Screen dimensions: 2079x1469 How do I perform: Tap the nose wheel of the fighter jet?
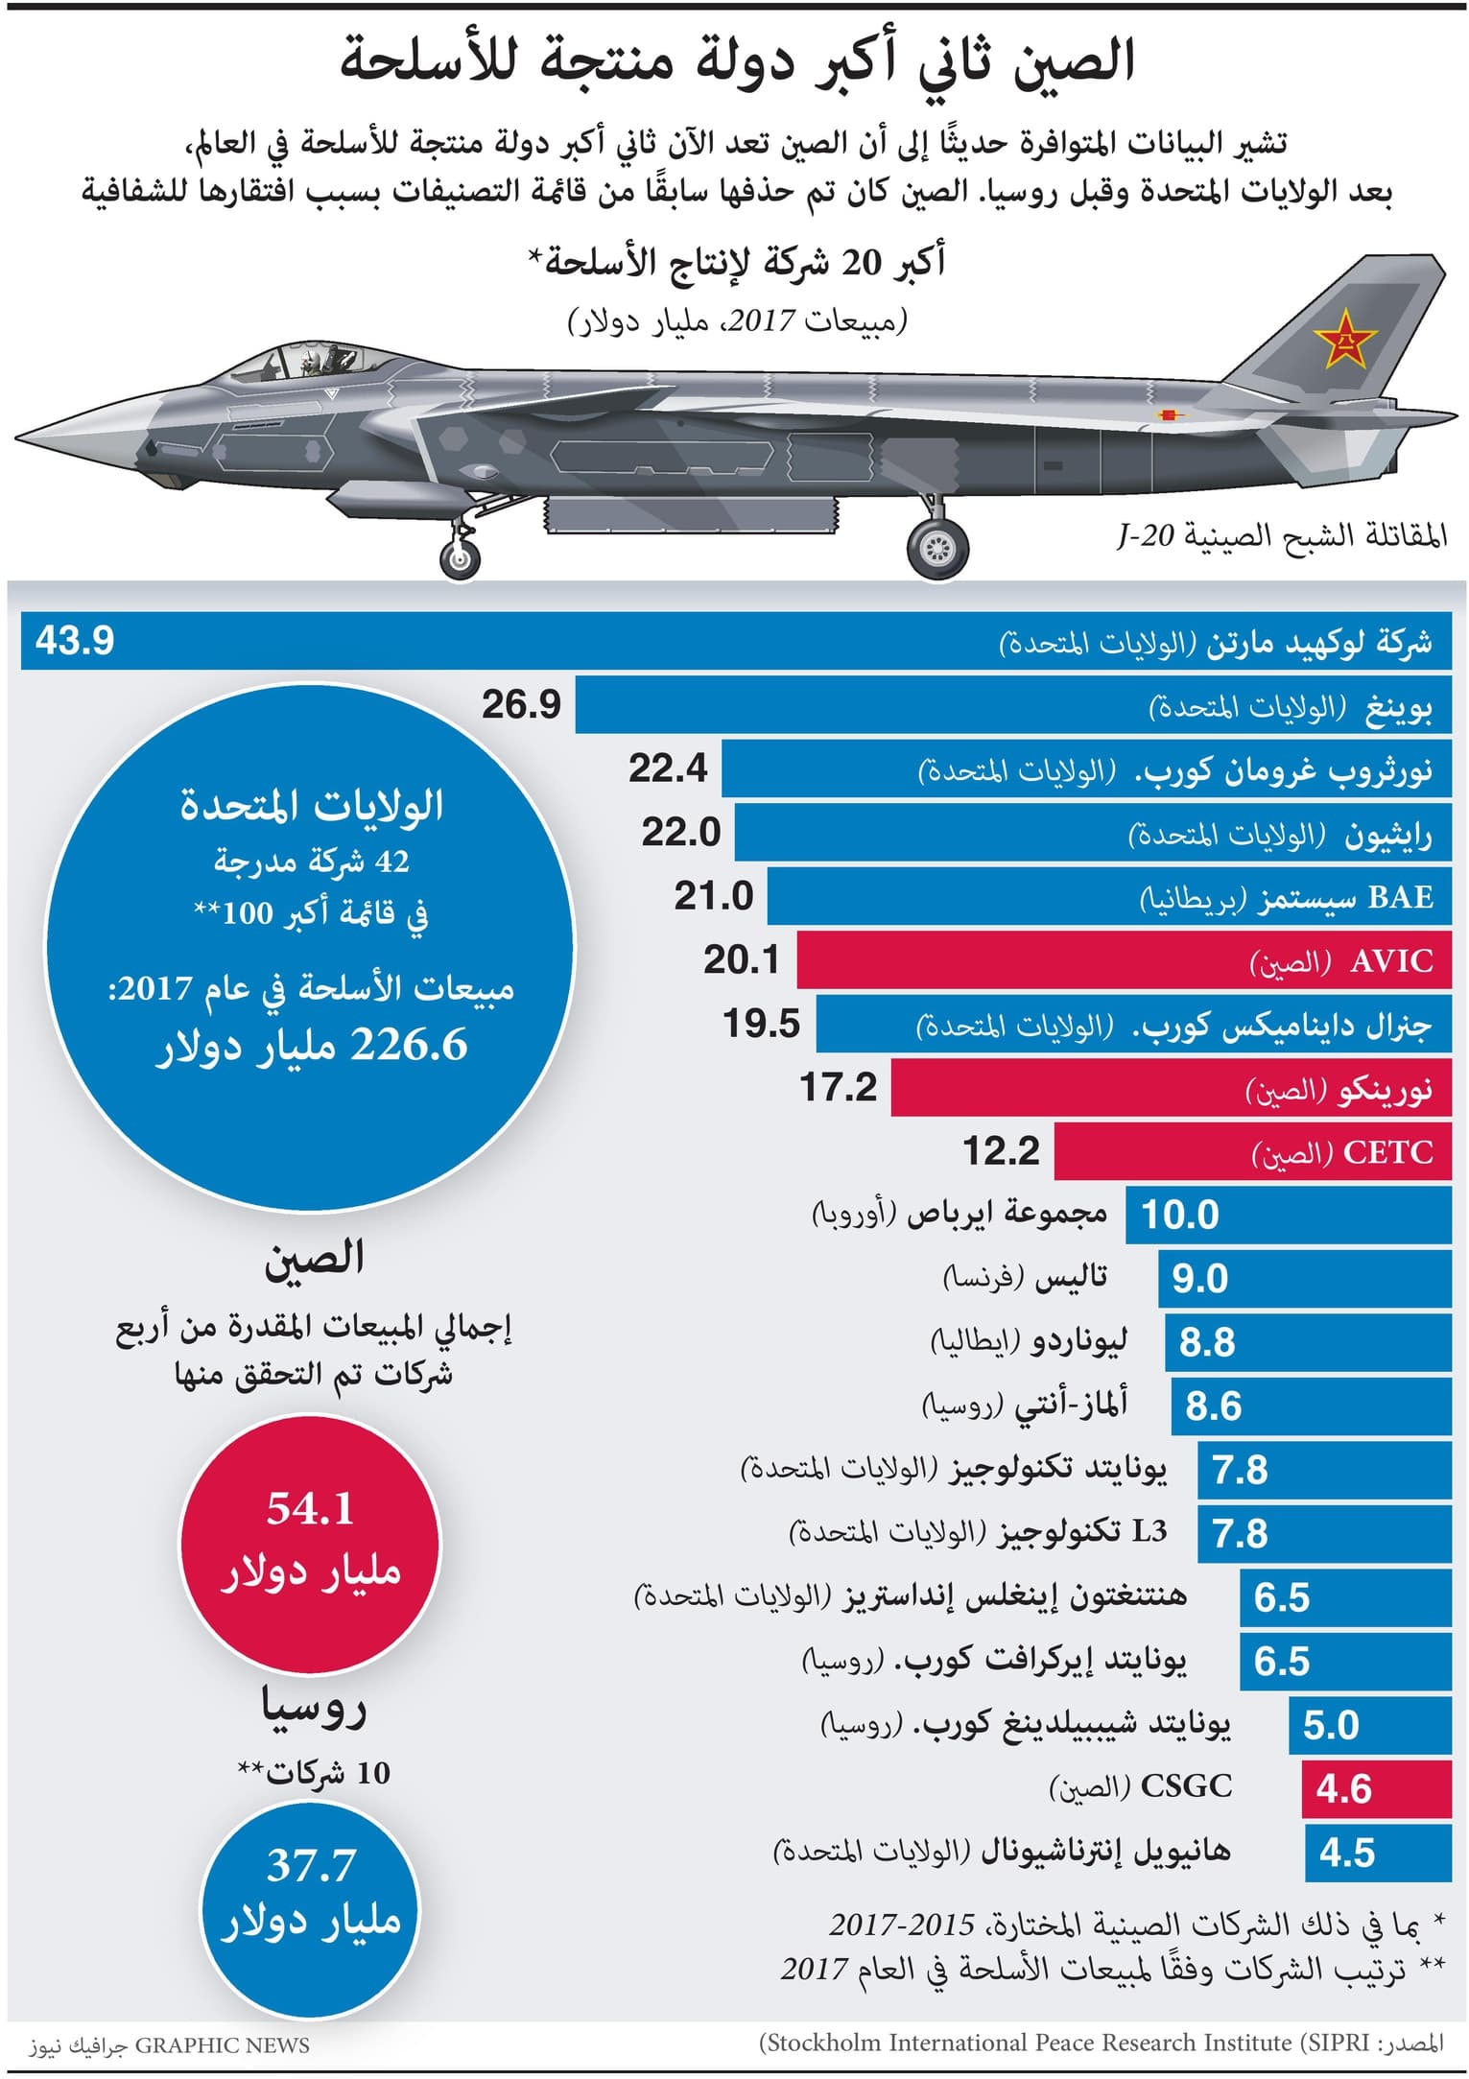tap(461, 557)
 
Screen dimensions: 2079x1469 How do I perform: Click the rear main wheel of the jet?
tap(937, 548)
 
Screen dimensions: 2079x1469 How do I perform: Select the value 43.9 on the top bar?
tap(75, 640)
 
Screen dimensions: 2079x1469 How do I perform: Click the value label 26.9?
tap(521, 705)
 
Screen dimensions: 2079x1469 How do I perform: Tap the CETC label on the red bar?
tap(1387, 1152)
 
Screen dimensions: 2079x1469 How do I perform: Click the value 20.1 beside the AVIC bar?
tap(742, 960)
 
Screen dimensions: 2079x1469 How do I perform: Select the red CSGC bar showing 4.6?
tap(1376, 1789)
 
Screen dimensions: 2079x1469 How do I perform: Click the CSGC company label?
tap(1186, 1786)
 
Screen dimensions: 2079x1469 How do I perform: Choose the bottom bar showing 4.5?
tap(1378, 1853)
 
